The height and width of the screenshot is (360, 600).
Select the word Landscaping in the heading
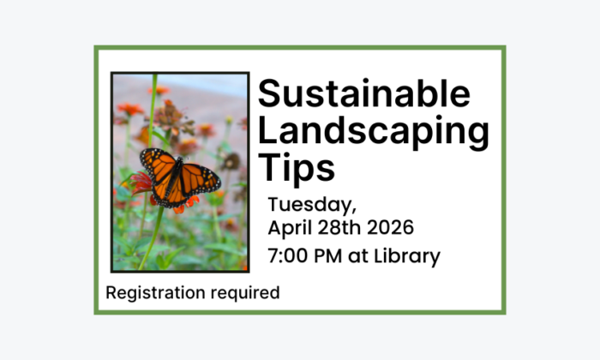(374, 130)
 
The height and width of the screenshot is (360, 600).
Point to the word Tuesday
(309, 207)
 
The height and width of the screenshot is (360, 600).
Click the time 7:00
(288, 255)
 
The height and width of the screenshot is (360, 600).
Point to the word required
(239, 293)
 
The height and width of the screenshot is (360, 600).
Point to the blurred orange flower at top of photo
(131, 109)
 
